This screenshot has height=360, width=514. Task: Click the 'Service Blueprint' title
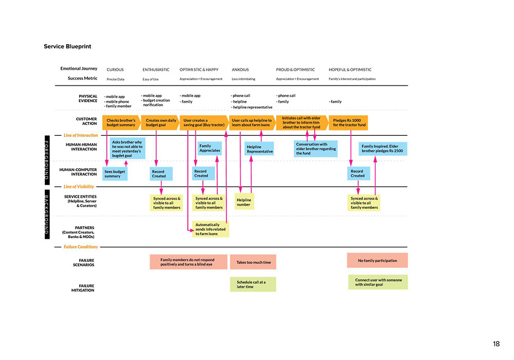pos(67,46)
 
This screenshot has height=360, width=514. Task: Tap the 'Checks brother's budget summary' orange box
pos(121,122)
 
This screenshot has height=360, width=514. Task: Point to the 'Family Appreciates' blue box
pos(209,148)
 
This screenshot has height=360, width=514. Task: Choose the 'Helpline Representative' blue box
pos(260,149)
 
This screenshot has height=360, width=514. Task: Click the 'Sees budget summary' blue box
pos(114,174)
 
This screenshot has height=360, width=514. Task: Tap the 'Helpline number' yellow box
pos(244,202)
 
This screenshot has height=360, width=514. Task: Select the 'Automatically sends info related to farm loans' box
pos(211,229)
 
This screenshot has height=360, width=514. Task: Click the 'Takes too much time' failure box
pos(253,262)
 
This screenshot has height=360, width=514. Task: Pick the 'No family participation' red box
pos(377,261)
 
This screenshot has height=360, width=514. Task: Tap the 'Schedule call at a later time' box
pos(252,284)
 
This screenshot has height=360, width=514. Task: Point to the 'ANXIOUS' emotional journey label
pos(241,69)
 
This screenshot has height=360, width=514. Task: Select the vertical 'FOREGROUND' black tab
pos(46,160)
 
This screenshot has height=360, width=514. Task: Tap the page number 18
pos(495,344)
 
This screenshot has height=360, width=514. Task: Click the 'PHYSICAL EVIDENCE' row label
pos(87,98)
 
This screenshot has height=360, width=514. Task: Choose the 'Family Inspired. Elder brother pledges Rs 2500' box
pos(383,149)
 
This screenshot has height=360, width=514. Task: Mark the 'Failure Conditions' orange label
pos(80,247)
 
